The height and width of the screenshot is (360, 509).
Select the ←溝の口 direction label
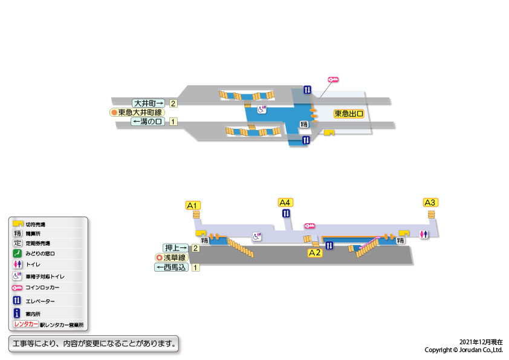[148, 122]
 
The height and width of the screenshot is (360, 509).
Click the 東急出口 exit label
[349, 113]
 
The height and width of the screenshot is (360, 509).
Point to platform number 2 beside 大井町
[173, 103]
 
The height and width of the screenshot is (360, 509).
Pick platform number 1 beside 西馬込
[195, 267]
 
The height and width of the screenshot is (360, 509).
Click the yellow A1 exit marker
[193, 205]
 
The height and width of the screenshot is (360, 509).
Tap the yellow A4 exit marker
[285, 202]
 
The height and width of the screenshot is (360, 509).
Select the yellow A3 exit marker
[430, 202]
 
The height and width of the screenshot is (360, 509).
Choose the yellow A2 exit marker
[315, 253]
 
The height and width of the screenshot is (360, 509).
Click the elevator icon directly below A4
[286, 213]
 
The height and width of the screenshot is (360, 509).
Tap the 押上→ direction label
[176, 247]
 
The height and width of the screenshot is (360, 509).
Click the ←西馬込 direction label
[172, 267]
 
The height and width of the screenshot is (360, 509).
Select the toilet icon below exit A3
[424, 234]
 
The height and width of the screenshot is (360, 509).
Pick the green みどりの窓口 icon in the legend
[18, 253]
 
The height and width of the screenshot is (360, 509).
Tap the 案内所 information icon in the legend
[18, 313]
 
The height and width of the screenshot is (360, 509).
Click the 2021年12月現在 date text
[481, 342]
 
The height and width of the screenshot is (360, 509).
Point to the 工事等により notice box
[94, 344]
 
